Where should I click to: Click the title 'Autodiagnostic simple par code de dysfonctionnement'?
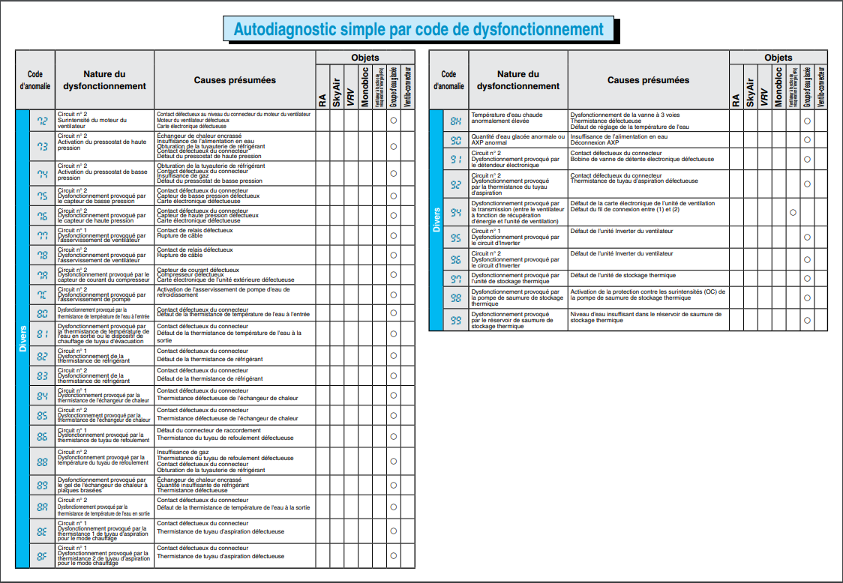(x=418, y=29)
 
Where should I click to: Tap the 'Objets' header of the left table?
(x=364, y=58)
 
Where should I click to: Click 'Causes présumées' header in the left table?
(x=235, y=80)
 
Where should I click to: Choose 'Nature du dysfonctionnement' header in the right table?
(x=517, y=80)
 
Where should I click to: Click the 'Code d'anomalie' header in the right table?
(x=448, y=80)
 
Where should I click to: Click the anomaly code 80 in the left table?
(x=42, y=312)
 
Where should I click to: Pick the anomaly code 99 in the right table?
(x=455, y=320)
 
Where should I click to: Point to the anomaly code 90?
(x=455, y=140)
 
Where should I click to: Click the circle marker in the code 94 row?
(x=793, y=213)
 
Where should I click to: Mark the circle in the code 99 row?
(x=807, y=320)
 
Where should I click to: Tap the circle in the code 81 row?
(x=393, y=333)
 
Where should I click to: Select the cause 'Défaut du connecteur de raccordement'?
(x=209, y=430)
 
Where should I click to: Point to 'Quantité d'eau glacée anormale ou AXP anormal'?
(x=517, y=139)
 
